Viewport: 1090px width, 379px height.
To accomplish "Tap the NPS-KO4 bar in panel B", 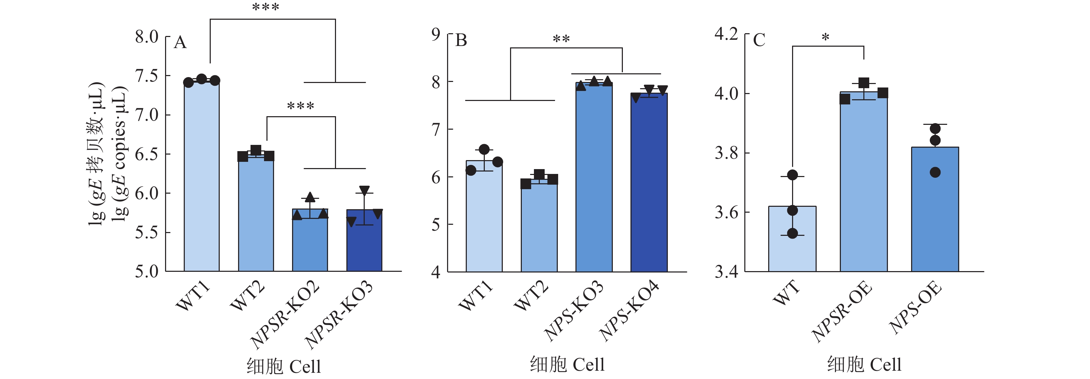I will click(649, 182).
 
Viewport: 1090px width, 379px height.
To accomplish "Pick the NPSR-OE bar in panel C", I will click(864, 182).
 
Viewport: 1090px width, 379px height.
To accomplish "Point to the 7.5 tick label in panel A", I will click(146, 76).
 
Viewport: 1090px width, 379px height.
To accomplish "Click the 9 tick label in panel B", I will click(435, 34).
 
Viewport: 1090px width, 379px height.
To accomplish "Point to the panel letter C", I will click(759, 40).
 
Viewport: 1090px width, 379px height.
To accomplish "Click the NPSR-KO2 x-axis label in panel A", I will click(285, 315).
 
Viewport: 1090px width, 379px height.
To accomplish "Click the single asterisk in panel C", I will click(825, 38).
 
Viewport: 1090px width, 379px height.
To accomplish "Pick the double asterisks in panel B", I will click(561, 39).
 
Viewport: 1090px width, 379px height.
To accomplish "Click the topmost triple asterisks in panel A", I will click(265, 8).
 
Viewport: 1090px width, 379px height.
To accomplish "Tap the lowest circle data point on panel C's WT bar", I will click(792, 233).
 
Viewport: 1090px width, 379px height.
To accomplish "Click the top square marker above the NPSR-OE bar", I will click(864, 83).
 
